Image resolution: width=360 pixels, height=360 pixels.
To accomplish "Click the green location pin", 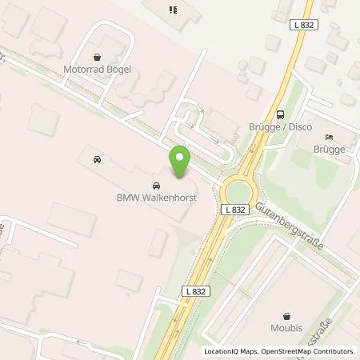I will [x=180, y=162].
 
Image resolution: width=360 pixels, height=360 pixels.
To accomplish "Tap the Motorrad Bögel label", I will [x=98, y=69].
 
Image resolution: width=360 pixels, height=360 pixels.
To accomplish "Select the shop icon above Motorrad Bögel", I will [x=98, y=58].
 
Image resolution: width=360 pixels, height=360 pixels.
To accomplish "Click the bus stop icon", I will [x=279, y=114].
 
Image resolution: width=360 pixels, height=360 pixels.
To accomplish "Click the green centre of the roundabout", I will [x=238, y=192].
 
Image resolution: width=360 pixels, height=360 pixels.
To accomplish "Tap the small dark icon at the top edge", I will [x=171, y=10].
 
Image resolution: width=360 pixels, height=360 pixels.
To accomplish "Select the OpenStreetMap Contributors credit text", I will [x=307, y=351].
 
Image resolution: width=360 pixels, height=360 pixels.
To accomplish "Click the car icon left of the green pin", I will [x=97, y=159].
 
